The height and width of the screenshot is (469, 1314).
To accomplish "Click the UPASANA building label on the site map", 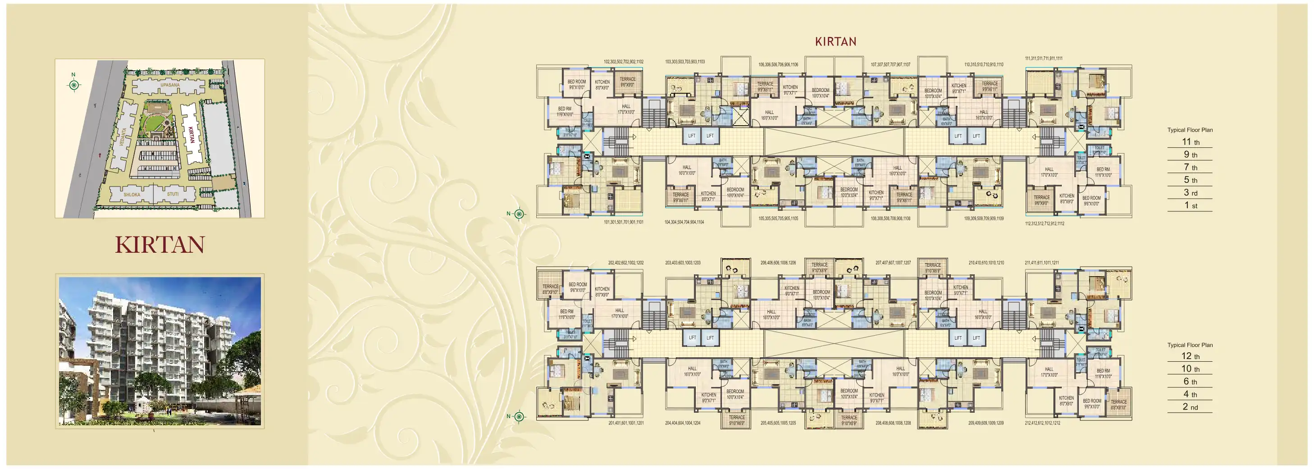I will click(170, 85).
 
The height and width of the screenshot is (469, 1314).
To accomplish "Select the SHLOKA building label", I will click(132, 195).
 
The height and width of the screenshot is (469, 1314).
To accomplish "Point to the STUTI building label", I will click(173, 194).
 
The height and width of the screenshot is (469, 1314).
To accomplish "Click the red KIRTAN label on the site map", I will click(191, 135).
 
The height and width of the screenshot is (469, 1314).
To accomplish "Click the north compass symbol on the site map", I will click(74, 84).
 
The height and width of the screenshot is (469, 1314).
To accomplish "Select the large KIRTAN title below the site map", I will click(160, 245).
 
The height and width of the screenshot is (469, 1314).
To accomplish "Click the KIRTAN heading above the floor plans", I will click(835, 42).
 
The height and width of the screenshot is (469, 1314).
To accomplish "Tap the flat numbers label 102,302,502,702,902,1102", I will click(623, 62).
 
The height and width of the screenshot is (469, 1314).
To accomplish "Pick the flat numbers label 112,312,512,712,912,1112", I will click(1044, 223).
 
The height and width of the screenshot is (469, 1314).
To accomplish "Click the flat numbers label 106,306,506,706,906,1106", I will click(778, 65).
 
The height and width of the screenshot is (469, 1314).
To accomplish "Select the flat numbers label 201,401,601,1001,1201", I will click(625, 423).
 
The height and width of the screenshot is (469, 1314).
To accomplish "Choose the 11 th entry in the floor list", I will click(1191, 142).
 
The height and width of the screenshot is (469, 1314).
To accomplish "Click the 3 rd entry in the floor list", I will click(1191, 193).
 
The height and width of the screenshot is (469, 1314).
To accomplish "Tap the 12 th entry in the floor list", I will click(1191, 356).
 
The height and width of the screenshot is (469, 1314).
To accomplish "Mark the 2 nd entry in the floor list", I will click(1191, 407).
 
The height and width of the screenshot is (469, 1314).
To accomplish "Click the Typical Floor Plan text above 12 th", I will click(1190, 345).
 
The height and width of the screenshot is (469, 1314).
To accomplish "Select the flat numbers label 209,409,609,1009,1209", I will click(985, 423).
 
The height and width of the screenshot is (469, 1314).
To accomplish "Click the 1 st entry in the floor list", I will click(1191, 205).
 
